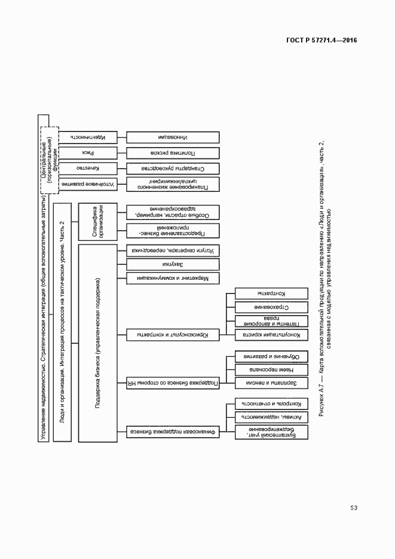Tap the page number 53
[x=354, y=508]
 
